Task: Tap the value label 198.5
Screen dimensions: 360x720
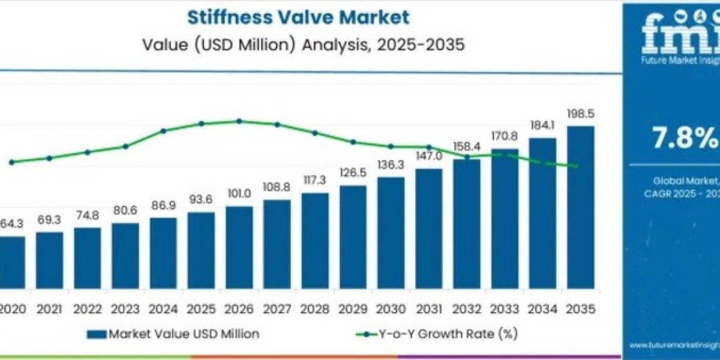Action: [x=580, y=114]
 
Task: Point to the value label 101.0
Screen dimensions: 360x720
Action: [x=239, y=195]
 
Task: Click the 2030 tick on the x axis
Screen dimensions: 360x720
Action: [x=391, y=309]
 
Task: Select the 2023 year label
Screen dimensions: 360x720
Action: [x=125, y=309]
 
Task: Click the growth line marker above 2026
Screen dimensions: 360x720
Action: [x=239, y=121]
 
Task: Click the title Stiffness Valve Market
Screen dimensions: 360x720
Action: [x=299, y=17]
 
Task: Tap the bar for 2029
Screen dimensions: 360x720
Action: [x=353, y=240]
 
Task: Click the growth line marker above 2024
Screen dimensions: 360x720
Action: [x=163, y=130]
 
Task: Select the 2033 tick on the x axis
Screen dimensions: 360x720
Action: [x=505, y=309]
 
